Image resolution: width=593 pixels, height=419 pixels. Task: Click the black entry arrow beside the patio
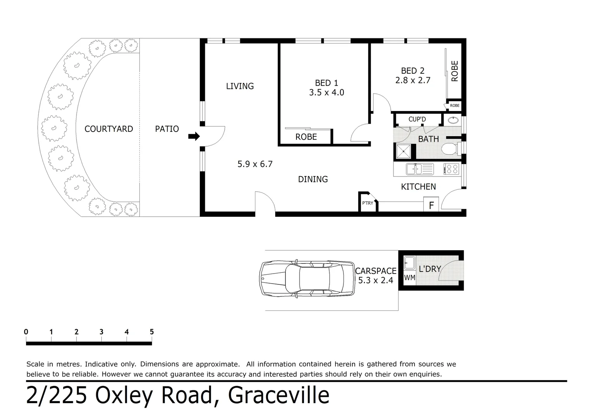point(194,136)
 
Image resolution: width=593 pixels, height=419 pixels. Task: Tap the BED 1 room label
point(326,83)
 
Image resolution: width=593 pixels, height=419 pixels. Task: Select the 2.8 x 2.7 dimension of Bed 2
point(413,80)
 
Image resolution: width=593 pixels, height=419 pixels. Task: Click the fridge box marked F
point(431,205)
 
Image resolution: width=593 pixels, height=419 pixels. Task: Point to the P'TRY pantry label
point(367,203)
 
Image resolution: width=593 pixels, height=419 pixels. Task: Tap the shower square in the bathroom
point(403,151)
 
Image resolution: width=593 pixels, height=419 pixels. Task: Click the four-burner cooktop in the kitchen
point(451,169)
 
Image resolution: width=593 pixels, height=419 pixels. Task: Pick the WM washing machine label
point(409,278)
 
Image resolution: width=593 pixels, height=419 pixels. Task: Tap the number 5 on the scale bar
point(152,332)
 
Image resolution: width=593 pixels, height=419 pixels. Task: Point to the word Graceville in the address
point(279,395)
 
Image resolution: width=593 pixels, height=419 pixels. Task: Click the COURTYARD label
point(109,129)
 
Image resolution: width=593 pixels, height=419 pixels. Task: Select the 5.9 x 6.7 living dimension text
point(255,164)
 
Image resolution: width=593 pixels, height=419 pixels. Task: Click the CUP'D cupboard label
point(417,119)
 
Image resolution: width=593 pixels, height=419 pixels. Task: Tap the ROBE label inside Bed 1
point(306,137)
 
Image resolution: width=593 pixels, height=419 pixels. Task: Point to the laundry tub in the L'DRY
point(409,263)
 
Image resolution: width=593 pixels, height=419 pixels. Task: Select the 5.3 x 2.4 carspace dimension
point(375,280)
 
